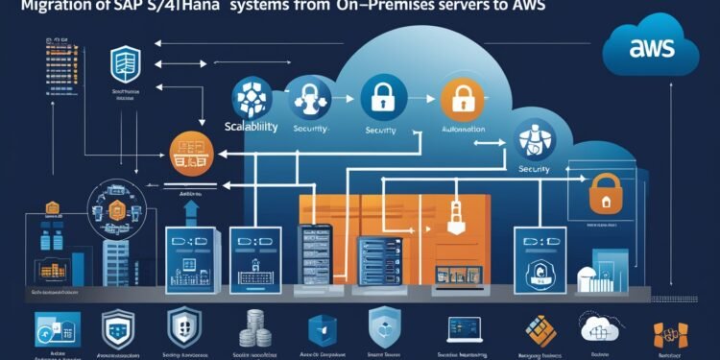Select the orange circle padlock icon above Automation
click(x=455, y=97)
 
